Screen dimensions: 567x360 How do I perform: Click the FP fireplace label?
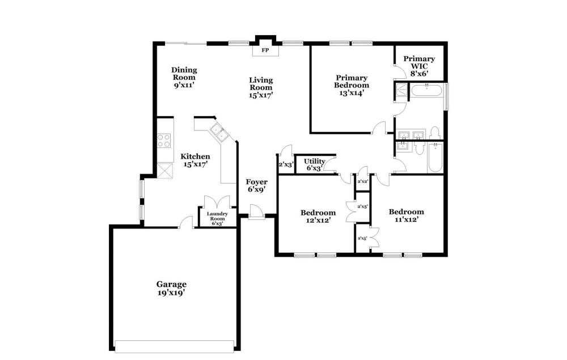coord(265,50)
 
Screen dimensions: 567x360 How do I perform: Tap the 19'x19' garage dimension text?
coord(171,293)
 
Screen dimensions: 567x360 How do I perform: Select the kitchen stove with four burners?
coord(164,141)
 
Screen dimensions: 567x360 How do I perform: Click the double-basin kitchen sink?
coord(219,132)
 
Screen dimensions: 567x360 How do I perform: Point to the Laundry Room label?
coord(217,216)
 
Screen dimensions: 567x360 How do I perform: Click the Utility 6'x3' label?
coord(314,164)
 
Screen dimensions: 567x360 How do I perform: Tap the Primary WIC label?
coord(419,62)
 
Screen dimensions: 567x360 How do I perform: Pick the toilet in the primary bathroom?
coord(434,133)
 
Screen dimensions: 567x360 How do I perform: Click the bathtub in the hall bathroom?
coord(435,157)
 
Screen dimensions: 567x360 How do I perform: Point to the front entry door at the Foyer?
coord(257,212)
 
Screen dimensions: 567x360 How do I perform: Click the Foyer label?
coord(257,182)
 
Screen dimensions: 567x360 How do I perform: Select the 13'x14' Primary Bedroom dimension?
coord(352,93)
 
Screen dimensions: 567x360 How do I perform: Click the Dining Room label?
coord(184,73)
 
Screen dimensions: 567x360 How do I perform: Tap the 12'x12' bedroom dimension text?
coord(318,220)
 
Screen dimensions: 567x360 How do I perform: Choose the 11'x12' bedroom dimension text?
coord(407,219)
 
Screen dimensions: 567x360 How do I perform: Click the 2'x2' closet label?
coord(363,181)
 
